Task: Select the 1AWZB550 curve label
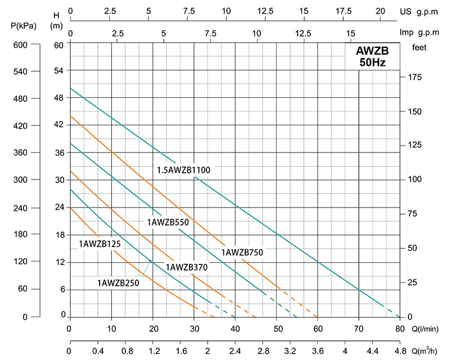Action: click(x=167, y=222)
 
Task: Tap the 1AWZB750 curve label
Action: click(x=242, y=253)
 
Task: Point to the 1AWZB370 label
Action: click(x=187, y=267)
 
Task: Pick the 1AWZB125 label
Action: click(x=100, y=244)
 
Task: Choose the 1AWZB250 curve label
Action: click(x=118, y=282)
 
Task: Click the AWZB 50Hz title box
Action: click(x=372, y=57)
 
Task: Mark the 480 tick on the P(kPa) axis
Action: click(x=20, y=98)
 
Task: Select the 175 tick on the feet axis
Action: click(x=414, y=77)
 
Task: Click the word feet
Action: click(x=420, y=48)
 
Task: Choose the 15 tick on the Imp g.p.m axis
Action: click(x=351, y=33)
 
